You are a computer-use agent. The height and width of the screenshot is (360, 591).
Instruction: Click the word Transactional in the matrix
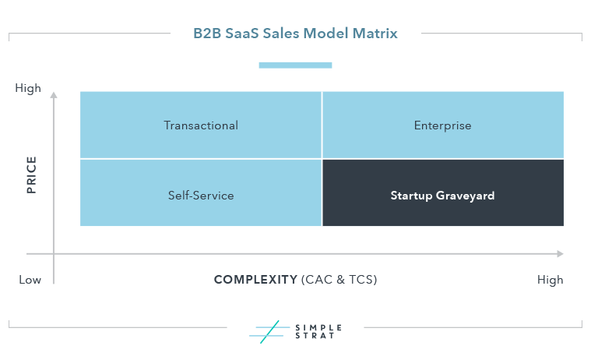pos(201,125)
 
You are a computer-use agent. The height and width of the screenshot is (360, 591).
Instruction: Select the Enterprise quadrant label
pos(442,125)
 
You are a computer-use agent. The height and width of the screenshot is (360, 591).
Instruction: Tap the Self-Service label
pos(201,196)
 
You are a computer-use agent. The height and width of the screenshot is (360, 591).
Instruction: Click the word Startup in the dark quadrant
pos(411,196)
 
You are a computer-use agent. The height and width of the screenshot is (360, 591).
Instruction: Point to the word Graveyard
pos(465,196)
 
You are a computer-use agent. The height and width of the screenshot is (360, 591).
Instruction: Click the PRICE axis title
pos(31,175)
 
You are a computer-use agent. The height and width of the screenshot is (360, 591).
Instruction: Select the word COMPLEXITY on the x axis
pos(255,280)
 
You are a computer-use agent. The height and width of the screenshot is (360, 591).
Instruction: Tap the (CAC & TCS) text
pos(339,280)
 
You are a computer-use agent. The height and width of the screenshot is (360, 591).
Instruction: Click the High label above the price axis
pos(28,88)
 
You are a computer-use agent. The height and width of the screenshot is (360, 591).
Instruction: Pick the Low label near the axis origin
pos(30,280)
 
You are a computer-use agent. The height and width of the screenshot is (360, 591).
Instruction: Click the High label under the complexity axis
pos(550,280)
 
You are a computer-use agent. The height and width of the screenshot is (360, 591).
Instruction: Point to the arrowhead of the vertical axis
pos(54,94)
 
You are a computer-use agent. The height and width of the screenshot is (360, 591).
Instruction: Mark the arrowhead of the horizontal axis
pos(561,253)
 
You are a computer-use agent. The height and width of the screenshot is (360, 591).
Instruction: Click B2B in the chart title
pos(207,34)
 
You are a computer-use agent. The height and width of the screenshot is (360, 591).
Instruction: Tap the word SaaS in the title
pos(242,34)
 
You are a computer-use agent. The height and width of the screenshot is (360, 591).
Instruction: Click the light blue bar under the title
pos(296,65)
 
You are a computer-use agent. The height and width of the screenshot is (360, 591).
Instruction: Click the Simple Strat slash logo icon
pos(269,332)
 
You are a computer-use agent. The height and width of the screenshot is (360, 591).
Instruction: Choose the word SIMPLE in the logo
pos(318,327)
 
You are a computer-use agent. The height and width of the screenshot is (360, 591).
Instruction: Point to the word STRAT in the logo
pos(315,336)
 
